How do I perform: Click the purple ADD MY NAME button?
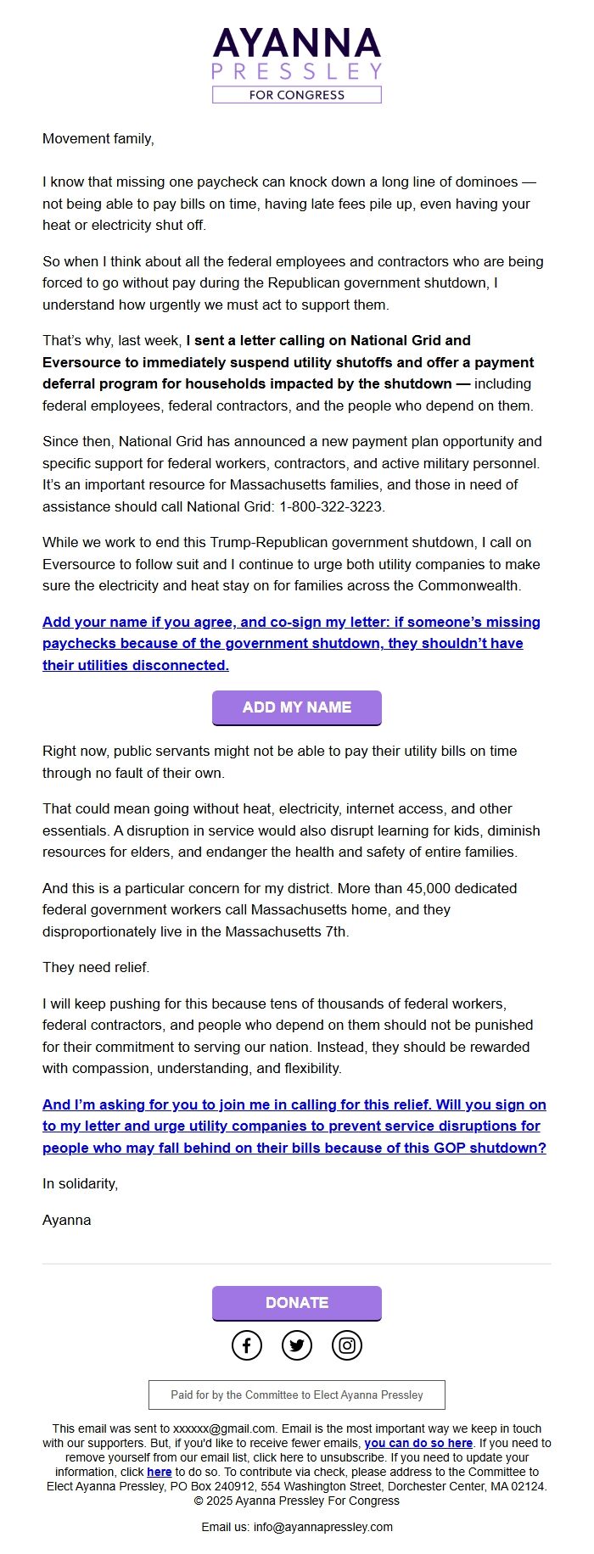(x=296, y=707)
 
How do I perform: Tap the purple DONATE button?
(x=296, y=1303)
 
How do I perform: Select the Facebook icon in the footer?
(x=247, y=1345)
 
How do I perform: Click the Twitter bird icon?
(x=297, y=1345)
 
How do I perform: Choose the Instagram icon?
(x=346, y=1345)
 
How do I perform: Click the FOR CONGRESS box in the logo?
(x=296, y=95)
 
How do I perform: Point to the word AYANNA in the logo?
(x=296, y=43)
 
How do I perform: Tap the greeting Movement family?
(x=98, y=139)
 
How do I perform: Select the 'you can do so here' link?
(x=418, y=1443)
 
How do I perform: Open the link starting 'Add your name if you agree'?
(x=291, y=644)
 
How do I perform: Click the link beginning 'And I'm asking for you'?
(x=294, y=1126)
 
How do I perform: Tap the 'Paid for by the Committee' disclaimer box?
(x=296, y=1395)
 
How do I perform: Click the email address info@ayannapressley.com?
(x=322, y=1527)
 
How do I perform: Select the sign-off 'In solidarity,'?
(x=80, y=1184)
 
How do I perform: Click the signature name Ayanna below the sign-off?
(x=67, y=1221)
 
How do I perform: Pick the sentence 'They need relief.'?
(x=96, y=968)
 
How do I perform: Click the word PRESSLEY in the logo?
(x=296, y=70)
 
